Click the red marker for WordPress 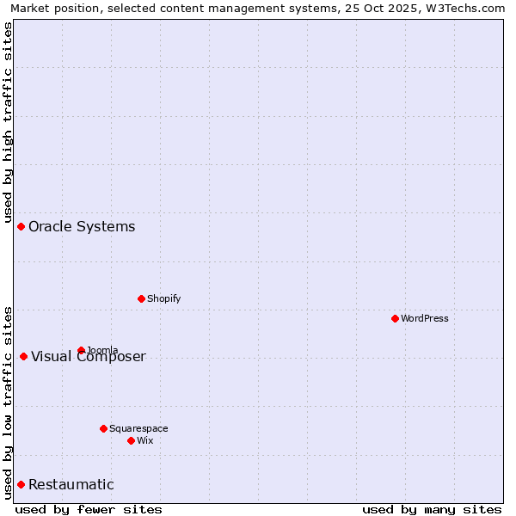pyautogui.click(x=395, y=318)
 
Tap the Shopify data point pyautogui.click(x=141, y=298)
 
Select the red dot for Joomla pyautogui.click(x=81, y=350)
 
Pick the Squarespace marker pyautogui.click(x=103, y=428)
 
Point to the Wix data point pyautogui.click(x=131, y=440)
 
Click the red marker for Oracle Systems pyautogui.click(x=21, y=226)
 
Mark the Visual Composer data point pyautogui.click(x=23, y=356)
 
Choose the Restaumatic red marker pyautogui.click(x=21, y=484)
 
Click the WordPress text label pyautogui.click(x=425, y=318)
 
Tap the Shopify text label pyautogui.click(x=163, y=298)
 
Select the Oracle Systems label pyautogui.click(x=82, y=227)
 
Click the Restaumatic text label pyautogui.click(x=71, y=485)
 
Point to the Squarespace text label pyautogui.click(x=138, y=428)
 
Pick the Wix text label pyautogui.click(x=144, y=440)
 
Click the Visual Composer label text pyautogui.click(x=89, y=357)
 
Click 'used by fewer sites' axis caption pyautogui.click(x=89, y=509)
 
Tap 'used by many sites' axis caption pyautogui.click(x=432, y=509)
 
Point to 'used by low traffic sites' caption pyautogui.click(x=8, y=402)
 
